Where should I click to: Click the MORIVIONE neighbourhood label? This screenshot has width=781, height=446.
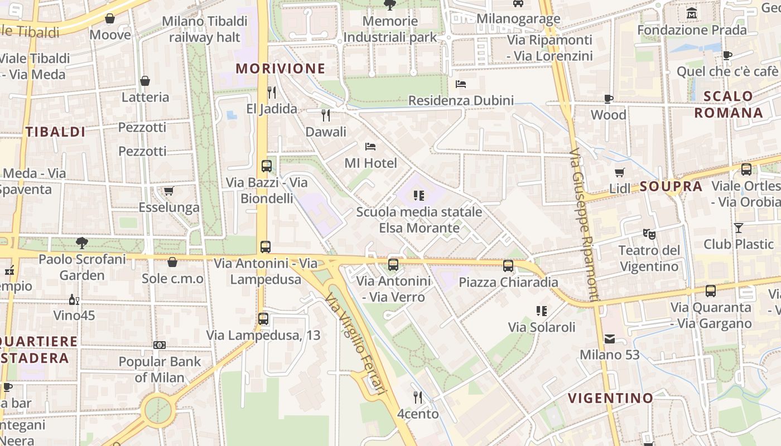[280, 69]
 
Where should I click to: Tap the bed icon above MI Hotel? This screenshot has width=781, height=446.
[370, 147]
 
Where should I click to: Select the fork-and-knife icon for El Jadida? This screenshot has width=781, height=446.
[272, 92]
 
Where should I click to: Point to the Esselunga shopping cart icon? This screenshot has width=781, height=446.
[168, 191]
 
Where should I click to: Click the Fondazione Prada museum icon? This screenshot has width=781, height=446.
[692, 13]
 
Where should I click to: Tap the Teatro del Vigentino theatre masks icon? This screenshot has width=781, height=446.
[649, 234]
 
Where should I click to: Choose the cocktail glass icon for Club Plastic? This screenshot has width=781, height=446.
[739, 227]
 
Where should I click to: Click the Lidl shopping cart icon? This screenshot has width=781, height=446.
[619, 172]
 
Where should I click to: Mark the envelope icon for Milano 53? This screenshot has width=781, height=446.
[609, 338]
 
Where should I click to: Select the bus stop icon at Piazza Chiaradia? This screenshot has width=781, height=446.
[508, 265]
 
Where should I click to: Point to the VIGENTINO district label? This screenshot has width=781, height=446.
[610, 398]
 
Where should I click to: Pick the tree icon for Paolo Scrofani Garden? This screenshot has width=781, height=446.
[82, 243]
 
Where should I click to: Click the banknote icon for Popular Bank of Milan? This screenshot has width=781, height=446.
[160, 345]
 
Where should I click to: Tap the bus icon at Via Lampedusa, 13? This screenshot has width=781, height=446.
[263, 319]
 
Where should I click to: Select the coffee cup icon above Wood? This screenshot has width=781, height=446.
[609, 99]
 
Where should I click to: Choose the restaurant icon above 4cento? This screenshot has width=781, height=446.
[418, 397]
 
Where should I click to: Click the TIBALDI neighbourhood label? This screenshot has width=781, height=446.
[55, 132]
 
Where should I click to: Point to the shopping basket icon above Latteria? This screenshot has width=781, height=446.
[145, 81]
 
